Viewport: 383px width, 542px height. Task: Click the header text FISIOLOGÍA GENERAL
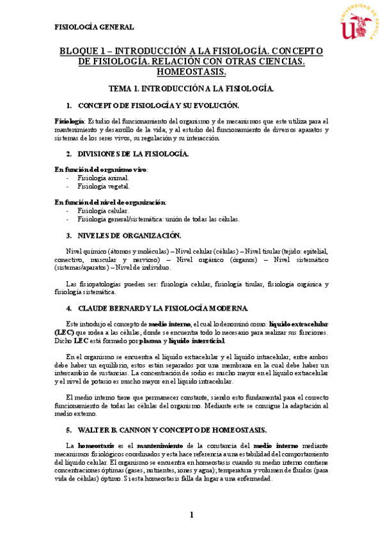(94, 27)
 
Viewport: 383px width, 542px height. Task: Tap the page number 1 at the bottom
(191, 515)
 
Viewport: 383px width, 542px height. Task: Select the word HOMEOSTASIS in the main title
(192, 72)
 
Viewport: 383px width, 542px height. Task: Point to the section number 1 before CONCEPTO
(68, 105)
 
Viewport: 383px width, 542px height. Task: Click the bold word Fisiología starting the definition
(69, 121)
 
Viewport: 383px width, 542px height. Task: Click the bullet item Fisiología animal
(103, 178)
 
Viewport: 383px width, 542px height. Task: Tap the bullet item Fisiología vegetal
(104, 187)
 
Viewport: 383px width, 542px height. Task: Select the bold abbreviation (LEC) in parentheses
(64, 332)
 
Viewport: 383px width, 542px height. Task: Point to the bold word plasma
(150, 341)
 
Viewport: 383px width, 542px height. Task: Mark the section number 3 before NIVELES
(68, 235)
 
